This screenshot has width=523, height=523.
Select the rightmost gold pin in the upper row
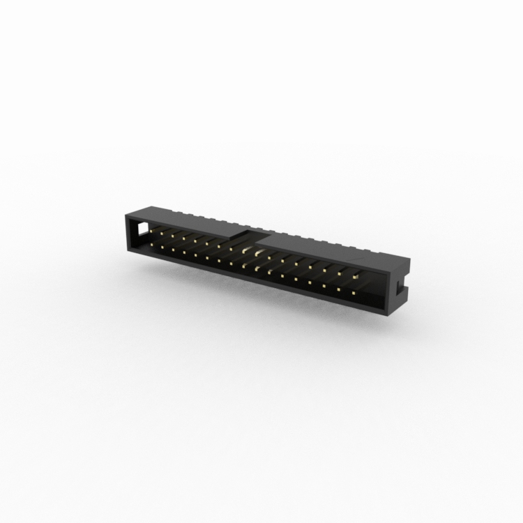click(x=356, y=278)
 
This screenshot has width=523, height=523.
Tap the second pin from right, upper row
click(x=340, y=273)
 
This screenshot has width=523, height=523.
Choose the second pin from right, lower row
click(x=339, y=291)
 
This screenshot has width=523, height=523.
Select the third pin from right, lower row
click(x=324, y=287)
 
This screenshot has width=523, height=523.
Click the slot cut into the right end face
click(x=400, y=287)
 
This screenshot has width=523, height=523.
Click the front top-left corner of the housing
click(x=125, y=213)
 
